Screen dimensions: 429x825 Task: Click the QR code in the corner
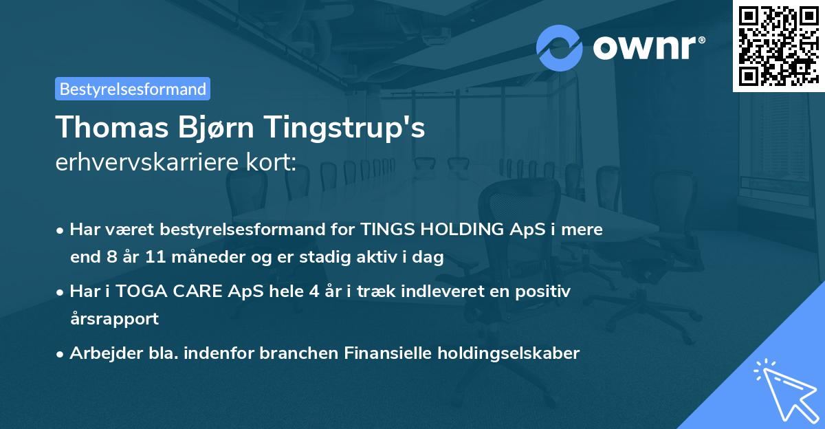(778, 46)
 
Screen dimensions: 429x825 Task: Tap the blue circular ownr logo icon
(560, 47)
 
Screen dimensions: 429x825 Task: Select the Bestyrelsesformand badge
(133, 89)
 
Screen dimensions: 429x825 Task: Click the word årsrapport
(114, 319)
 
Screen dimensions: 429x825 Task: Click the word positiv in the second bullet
(545, 291)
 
